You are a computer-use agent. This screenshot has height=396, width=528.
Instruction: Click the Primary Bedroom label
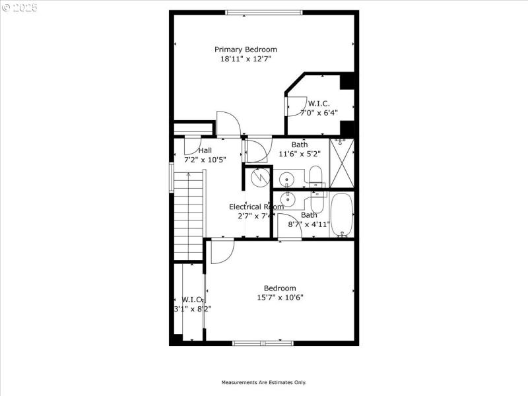pyautogui.click(x=246, y=49)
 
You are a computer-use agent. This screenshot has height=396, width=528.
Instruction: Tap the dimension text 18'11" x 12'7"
pyautogui.click(x=246, y=59)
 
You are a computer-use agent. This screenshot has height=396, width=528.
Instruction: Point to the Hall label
pyautogui.click(x=205, y=150)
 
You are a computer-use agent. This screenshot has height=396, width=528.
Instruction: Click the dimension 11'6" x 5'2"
pyautogui.click(x=299, y=154)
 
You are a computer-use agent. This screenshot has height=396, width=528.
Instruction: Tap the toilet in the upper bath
pyautogui.click(x=315, y=176)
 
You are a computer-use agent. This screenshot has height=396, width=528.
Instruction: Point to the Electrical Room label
pyautogui.click(x=256, y=207)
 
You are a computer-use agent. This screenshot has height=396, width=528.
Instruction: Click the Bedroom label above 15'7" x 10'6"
pyautogui.click(x=280, y=288)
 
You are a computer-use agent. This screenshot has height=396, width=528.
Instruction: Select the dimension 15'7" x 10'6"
pyautogui.click(x=280, y=298)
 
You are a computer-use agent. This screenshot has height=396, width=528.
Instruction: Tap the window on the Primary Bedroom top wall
pyautogui.click(x=263, y=12)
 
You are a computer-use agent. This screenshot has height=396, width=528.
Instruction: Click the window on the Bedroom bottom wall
pyautogui.click(x=263, y=343)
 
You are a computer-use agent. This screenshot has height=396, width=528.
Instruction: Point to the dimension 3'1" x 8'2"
pyautogui.click(x=192, y=308)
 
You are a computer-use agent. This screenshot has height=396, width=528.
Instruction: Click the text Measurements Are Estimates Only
pyautogui.click(x=263, y=382)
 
